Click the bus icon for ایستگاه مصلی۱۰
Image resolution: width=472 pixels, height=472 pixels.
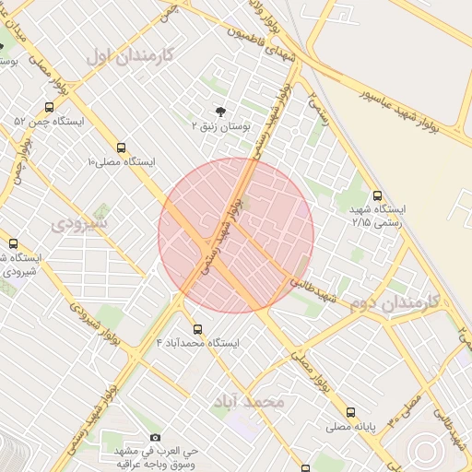(x=122, y=147)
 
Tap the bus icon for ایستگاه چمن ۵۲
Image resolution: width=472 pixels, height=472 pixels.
(x=49, y=107)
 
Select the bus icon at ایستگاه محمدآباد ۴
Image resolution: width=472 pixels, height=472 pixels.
(x=197, y=329)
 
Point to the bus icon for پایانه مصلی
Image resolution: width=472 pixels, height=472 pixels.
(x=350, y=413)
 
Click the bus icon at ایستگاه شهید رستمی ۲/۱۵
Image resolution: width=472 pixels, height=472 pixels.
(x=377, y=195)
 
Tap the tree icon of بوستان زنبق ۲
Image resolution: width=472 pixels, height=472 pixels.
(x=218, y=110)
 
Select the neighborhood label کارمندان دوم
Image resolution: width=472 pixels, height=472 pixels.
(x=394, y=303)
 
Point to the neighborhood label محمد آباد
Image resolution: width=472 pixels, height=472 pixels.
(x=249, y=402)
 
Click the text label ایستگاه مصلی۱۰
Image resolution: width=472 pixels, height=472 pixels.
(x=122, y=161)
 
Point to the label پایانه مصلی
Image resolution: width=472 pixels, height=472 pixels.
(x=349, y=427)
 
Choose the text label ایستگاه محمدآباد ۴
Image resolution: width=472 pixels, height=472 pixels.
(x=197, y=343)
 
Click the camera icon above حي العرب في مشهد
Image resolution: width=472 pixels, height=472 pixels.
(x=155, y=437)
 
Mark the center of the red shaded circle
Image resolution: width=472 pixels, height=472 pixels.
(x=236, y=235)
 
